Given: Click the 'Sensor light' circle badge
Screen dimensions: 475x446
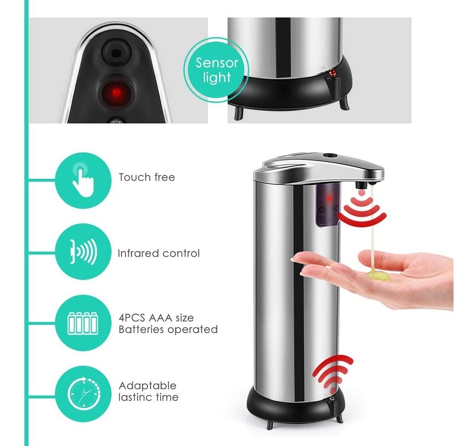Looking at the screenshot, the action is [x=216, y=70].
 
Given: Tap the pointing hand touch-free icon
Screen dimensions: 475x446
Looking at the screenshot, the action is [x=83, y=180].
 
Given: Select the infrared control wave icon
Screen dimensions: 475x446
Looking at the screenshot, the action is [x=83, y=252].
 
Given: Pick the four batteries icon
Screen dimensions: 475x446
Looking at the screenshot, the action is [x=83, y=323].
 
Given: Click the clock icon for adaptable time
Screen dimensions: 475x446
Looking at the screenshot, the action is [x=83, y=394].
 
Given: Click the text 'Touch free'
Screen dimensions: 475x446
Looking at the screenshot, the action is [x=147, y=177].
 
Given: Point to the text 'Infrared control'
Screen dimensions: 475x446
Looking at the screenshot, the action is [x=159, y=253].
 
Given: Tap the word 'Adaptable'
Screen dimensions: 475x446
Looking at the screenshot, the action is [x=147, y=386].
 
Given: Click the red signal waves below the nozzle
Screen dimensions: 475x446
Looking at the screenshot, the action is [x=362, y=209].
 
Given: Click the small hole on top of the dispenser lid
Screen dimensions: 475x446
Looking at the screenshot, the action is [x=330, y=156].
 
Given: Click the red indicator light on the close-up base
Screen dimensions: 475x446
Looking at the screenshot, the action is [x=333, y=73].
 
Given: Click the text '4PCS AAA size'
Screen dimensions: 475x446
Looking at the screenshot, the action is [x=156, y=318].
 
